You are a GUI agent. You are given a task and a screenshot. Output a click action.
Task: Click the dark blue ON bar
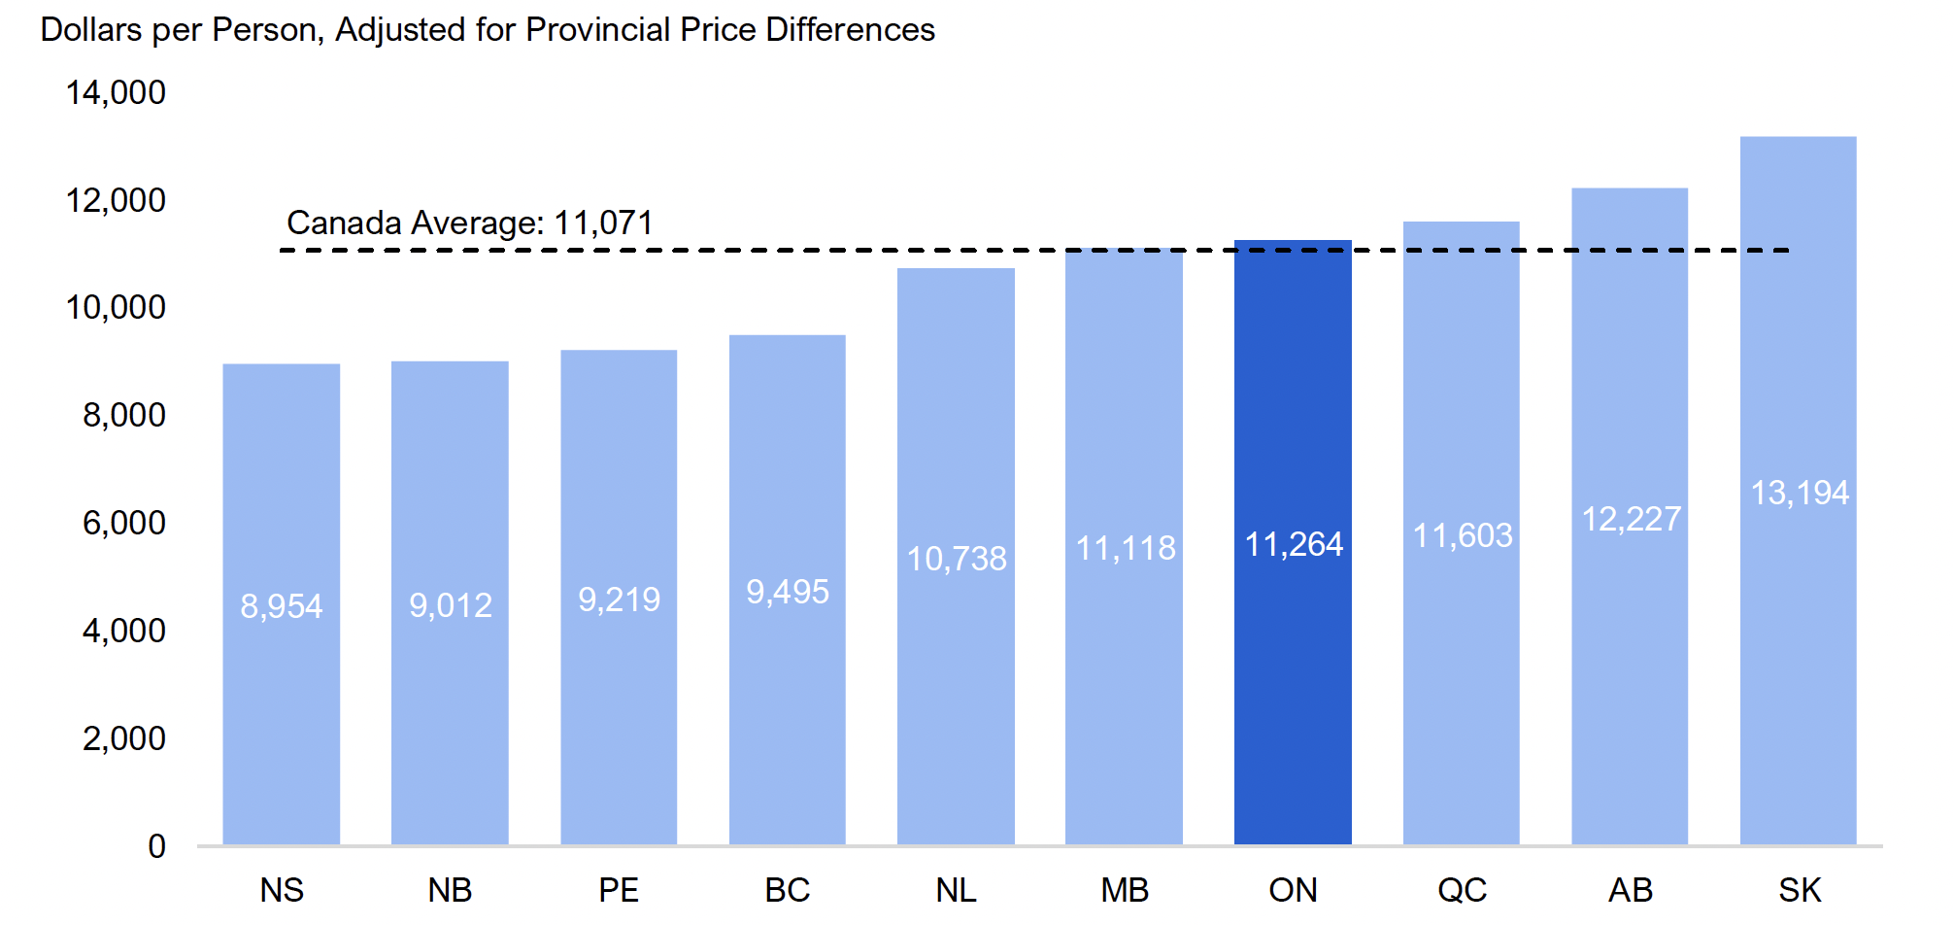(1293, 680)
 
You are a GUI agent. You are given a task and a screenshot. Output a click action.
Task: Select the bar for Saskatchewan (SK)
(1798, 680)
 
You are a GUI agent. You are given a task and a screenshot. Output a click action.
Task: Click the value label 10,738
(957, 559)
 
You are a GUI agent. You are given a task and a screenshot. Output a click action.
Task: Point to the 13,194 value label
(1800, 493)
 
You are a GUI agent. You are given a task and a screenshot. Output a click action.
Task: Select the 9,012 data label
(451, 605)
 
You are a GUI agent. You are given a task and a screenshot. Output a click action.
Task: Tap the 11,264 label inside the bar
(1294, 544)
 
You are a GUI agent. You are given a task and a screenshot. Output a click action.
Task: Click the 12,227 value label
(1632, 519)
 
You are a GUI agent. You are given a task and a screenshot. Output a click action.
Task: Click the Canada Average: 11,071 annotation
(470, 223)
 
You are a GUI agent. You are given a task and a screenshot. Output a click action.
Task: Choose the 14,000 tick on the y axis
(116, 92)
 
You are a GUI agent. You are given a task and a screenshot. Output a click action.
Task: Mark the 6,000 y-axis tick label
(123, 523)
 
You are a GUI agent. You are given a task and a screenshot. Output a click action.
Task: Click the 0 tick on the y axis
(156, 845)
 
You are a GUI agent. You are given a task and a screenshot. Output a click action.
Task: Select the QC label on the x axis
(1462, 889)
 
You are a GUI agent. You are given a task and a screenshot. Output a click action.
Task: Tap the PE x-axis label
(619, 889)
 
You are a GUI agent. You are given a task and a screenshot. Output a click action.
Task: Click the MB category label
(1125, 889)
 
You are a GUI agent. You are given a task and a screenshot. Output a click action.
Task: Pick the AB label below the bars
(1631, 889)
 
